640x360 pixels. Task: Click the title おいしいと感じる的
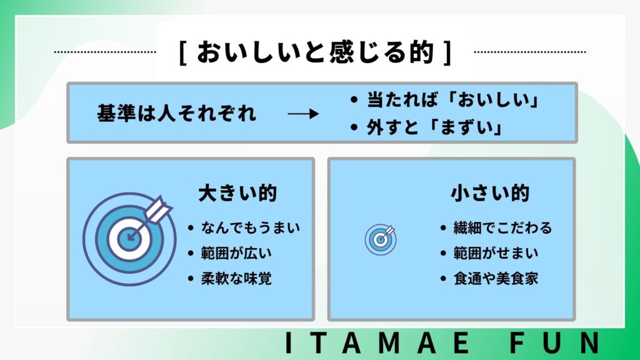[315, 52]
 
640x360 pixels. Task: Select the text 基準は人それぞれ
[176, 113]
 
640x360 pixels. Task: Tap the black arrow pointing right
[303, 114]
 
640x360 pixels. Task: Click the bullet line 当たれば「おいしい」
[444, 99]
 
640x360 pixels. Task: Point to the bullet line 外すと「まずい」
[426, 127]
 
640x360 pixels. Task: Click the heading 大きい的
[237, 193]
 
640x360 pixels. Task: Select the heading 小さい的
[490, 193]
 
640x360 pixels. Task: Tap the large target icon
[129, 239]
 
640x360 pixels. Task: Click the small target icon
[381, 239]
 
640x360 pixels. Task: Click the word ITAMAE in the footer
[377, 343]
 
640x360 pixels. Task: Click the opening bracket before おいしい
[183, 52]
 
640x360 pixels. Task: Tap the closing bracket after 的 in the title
[447, 52]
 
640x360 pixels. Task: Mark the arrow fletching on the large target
[159, 207]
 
